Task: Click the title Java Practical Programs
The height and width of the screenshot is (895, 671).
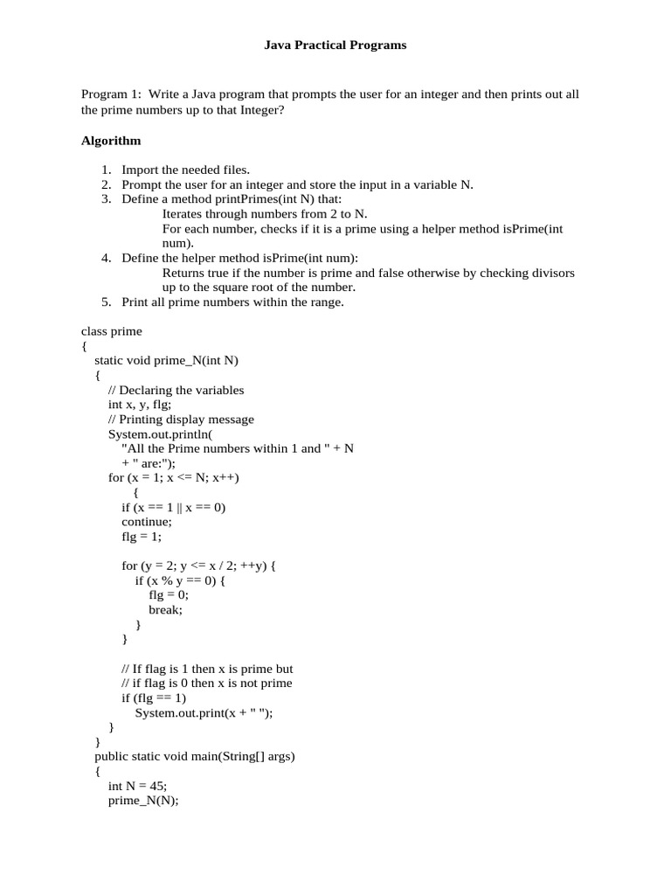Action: [335, 45]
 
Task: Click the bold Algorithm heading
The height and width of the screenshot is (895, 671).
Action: [111, 141]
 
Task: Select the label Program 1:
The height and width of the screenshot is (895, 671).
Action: [111, 94]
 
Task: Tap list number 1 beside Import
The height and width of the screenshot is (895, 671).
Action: [106, 170]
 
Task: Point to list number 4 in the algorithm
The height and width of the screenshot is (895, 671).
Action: [106, 258]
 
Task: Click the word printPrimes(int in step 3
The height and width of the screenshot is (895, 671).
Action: [241, 199]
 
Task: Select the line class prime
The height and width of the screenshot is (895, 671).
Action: [111, 331]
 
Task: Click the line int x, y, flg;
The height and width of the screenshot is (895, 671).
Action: [140, 405]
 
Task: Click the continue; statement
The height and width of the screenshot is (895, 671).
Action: [147, 522]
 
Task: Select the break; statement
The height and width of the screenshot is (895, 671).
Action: [165, 610]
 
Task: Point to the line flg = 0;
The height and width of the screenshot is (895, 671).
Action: [168, 595]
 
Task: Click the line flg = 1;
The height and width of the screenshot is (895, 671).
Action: [142, 537]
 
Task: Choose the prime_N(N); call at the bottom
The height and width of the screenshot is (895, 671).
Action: [143, 801]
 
